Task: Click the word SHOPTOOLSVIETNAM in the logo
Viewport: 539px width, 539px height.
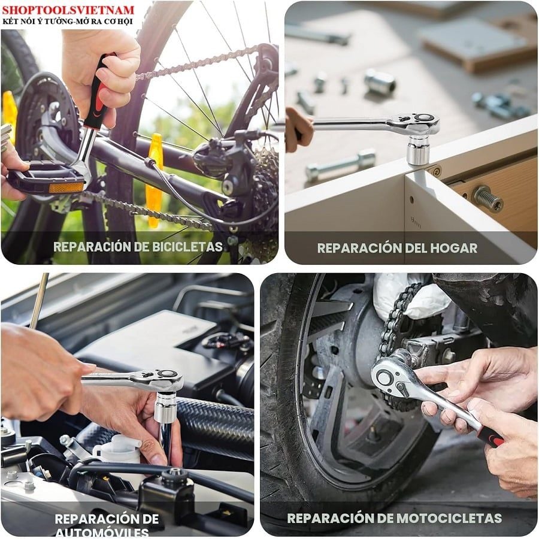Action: click(68, 10)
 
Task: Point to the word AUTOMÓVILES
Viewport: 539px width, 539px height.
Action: click(102, 532)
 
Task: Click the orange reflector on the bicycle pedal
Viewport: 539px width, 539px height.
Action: click(66, 187)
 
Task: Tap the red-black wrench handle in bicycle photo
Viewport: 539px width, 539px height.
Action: click(99, 93)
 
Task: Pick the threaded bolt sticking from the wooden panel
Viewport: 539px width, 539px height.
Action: click(487, 199)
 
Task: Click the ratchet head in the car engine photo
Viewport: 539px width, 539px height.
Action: click(162, 380)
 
